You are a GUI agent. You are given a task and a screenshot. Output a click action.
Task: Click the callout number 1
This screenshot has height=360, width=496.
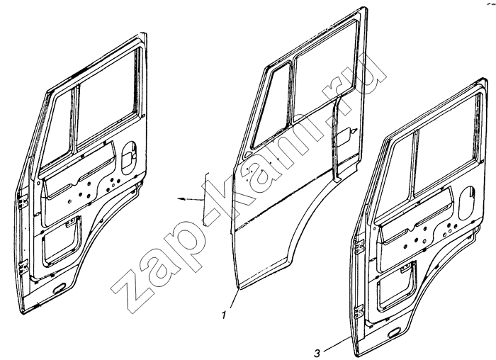coord(224,315)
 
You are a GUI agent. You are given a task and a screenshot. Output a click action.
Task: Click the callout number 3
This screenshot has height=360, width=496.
coord(317,352)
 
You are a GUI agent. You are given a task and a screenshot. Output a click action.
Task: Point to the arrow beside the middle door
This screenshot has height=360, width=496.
coord(191,199)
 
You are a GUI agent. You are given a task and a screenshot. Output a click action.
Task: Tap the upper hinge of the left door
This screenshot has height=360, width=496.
coord(23,201)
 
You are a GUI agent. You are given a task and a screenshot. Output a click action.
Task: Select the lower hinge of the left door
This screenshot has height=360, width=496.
coord(23,268)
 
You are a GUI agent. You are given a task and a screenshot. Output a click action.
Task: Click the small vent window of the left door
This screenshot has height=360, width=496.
coord(58,127)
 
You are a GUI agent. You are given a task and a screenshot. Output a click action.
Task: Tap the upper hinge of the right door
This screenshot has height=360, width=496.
coord(359,246)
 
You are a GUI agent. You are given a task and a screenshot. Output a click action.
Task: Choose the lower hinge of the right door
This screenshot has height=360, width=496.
coord(359,313)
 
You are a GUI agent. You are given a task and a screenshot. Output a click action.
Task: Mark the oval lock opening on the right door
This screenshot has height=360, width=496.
coord(466,203)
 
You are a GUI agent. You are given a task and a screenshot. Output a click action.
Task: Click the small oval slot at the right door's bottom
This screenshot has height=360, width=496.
coord(394,334)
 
